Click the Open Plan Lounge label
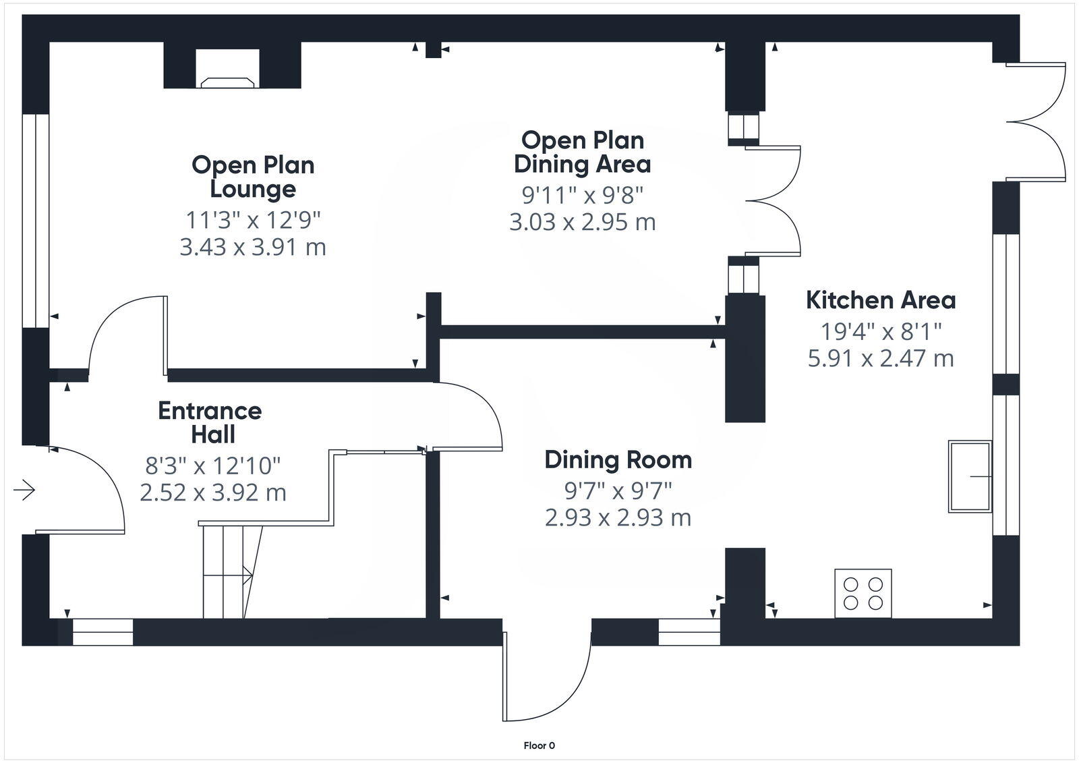point(253,177)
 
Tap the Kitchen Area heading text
point(881,300)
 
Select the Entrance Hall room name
point(210,423)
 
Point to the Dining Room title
point(618,460)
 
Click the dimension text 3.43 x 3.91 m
point(253,248)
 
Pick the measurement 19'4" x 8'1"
point(881,331)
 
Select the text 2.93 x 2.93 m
point(618,518)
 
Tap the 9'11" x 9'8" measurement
point(583,195)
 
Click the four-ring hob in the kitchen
point(863,593)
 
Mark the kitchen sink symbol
point(970,477)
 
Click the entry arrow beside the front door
point(24,490)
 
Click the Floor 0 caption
point(539,745)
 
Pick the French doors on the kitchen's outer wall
point(1035,122)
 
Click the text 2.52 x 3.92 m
point(213,493)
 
